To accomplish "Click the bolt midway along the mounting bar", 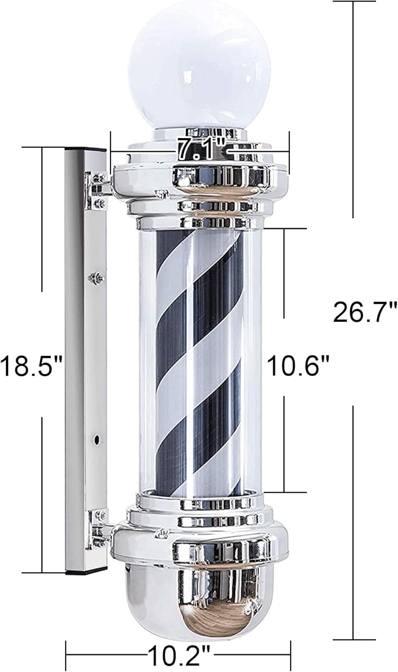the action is [x=97, y=278].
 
